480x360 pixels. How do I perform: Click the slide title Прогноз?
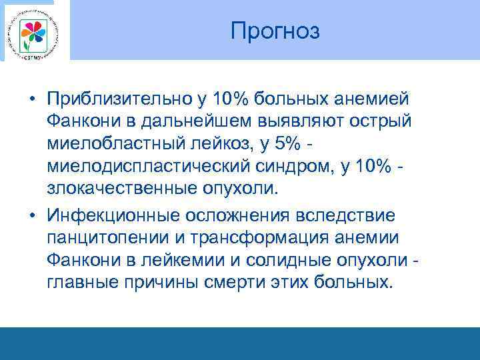tap(275, 31)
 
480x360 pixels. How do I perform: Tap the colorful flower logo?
tap(31, 32)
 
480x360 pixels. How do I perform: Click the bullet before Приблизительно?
tap(31, 99)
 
